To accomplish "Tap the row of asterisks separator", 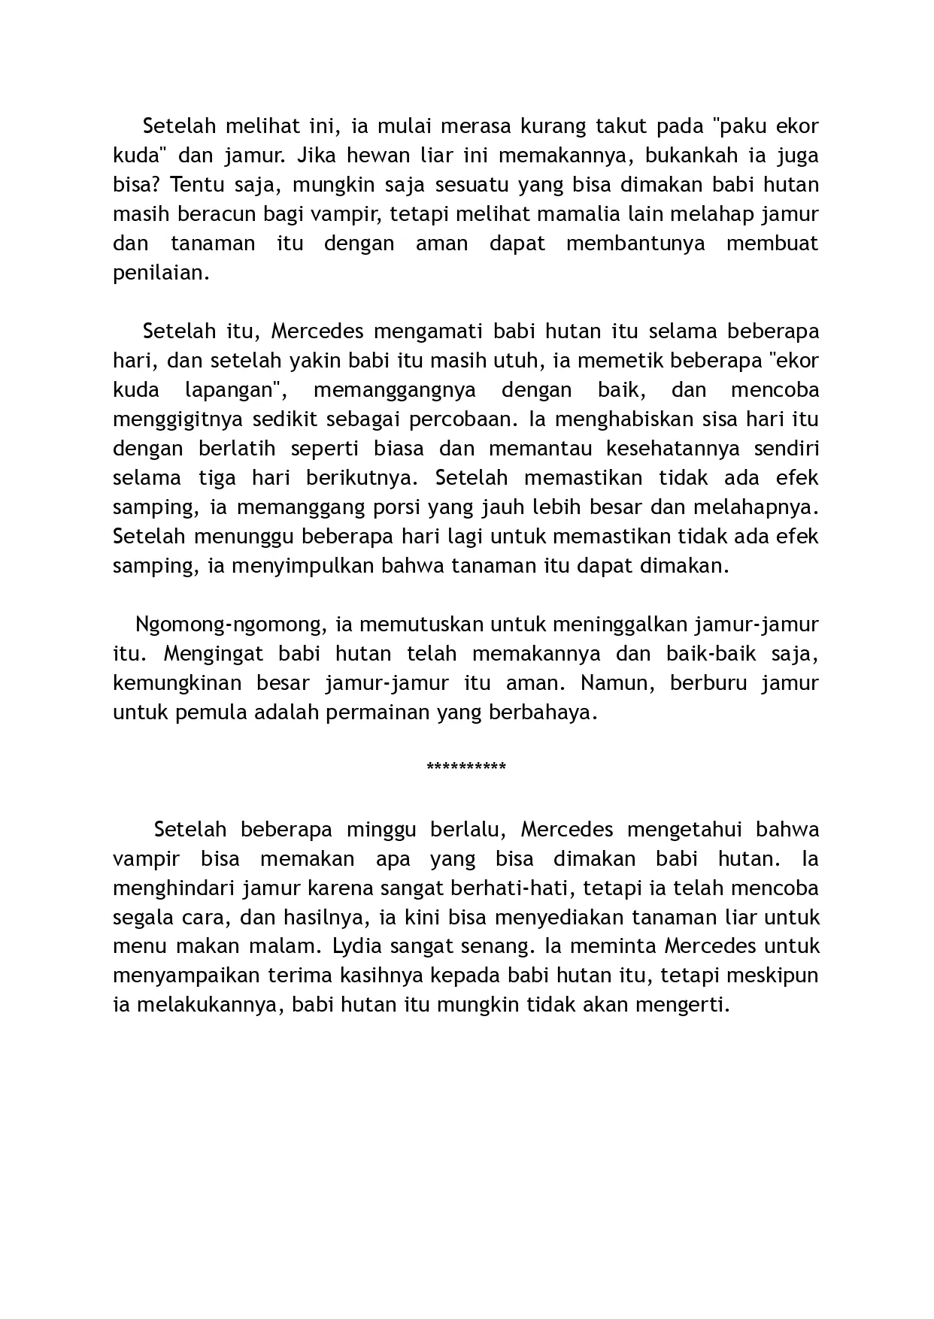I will tap(466, 767).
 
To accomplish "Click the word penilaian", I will tap(159, 273).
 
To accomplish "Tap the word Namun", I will tap(616, 684).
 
